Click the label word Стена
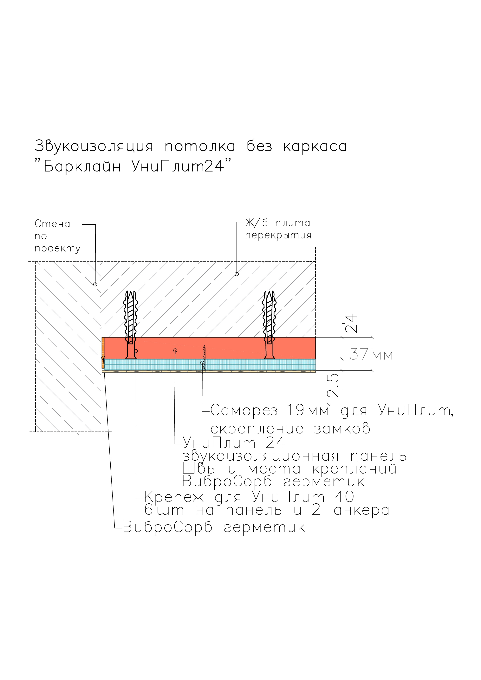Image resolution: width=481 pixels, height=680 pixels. point(52,224)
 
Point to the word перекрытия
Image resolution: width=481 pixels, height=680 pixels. point(278,236)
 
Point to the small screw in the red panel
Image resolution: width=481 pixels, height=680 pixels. point(204,357)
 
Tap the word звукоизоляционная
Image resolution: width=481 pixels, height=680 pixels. point(261,456)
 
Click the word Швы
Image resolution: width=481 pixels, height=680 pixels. point(199,469)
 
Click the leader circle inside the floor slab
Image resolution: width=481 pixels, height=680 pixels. point(237,274)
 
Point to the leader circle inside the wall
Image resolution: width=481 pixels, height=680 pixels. point(95,284)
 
